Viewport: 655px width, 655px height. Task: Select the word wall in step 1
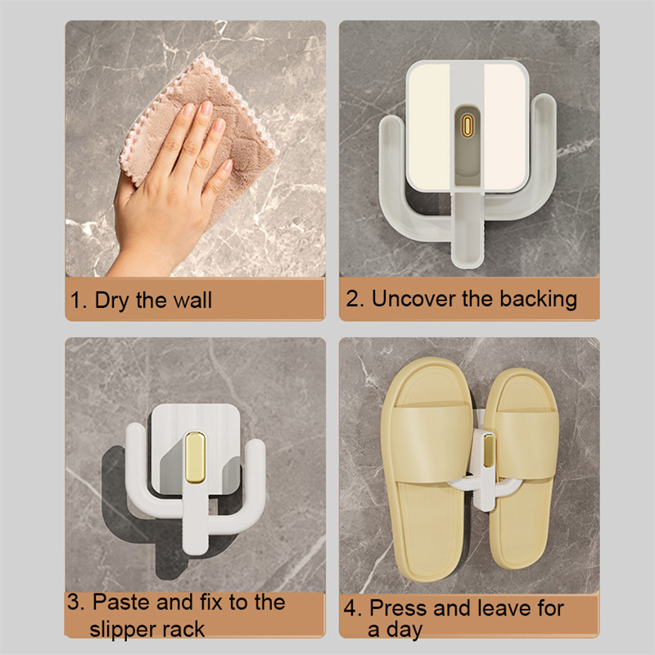tap(192, 300)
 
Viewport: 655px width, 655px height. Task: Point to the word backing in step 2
tap(539, 300)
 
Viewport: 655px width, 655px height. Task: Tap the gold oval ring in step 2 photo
tap(468, 126)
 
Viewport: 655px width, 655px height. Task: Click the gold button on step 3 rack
tap(195, 458)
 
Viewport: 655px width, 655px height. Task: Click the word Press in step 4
tap(398, 608)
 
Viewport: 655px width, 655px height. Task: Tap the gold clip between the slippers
tap(488, 449)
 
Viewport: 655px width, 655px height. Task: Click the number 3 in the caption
tap(74, 603)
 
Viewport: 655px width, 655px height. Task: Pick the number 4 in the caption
tap(350, 608)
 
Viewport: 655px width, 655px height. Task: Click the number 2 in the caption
tap(353, 299)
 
